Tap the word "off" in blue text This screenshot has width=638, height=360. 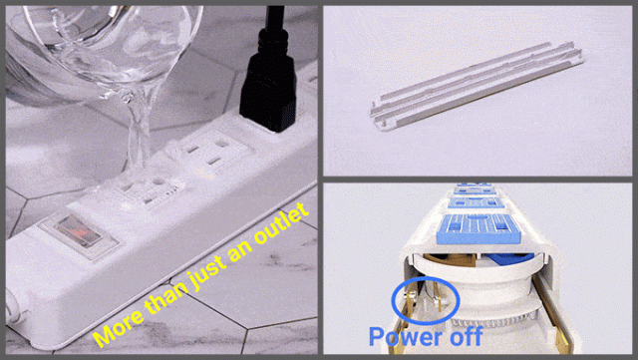point(465,336)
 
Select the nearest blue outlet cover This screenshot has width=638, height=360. point(478,229)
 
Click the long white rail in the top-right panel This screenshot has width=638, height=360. point(477,87)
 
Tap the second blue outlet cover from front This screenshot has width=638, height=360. point(476,202)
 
